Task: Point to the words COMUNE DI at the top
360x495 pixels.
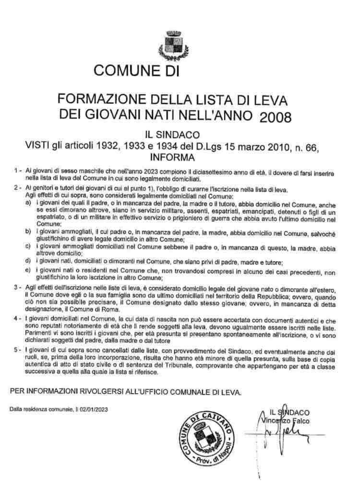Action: pyautogui.click(x=136, y=72)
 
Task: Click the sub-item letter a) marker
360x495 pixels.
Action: pyautogui.click(x=29, y=204)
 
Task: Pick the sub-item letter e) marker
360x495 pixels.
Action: pyautogui.click(x=29, y=272)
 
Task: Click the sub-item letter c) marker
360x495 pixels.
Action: pyautogui.click(x=29, y=247)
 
